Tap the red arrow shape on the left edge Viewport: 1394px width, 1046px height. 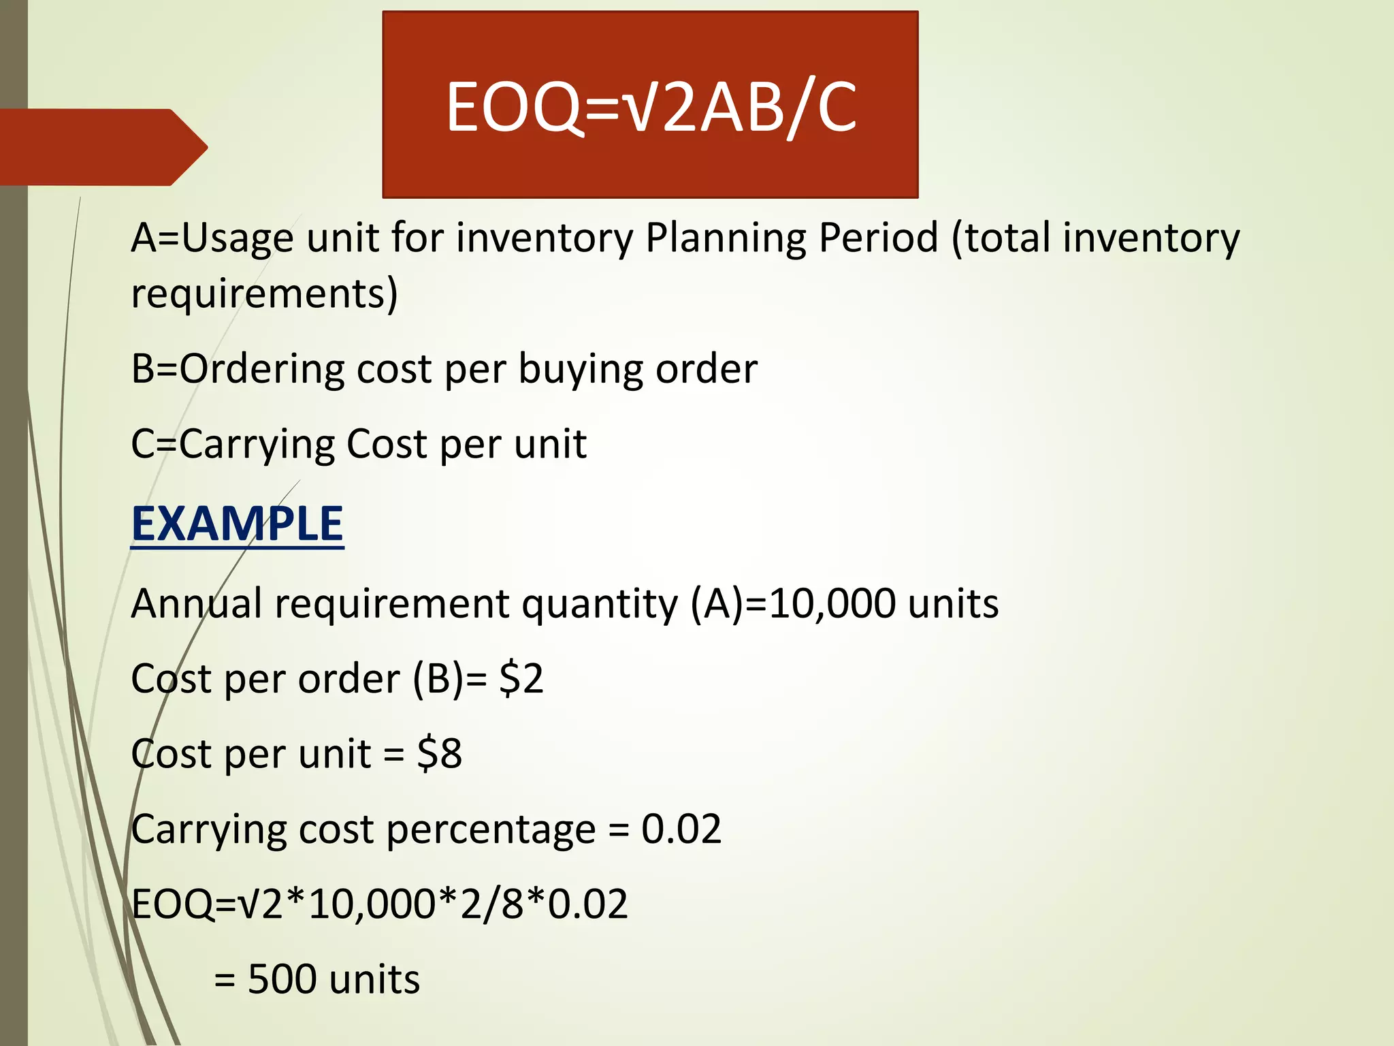(x=102, y=147)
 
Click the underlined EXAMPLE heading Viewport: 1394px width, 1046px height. (x=237, y=524)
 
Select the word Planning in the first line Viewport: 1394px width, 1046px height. (x=724, y=239)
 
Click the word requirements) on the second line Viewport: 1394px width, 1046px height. (x=264, y=294)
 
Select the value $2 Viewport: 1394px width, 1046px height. (x=521, y=679)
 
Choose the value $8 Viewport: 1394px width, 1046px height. (x=440, y=755)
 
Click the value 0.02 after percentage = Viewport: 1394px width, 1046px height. (x=681, y=829)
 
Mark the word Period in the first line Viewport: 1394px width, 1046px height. (x=878, y=239)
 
